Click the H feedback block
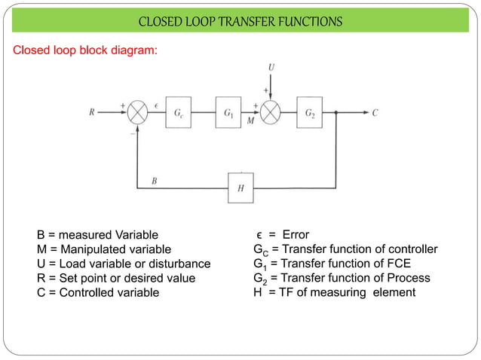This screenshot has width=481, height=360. tap(241, 187)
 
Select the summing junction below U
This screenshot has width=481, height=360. tap(271, 113)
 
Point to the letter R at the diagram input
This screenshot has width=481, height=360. tap(93, 114)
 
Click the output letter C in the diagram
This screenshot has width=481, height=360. tap(375, 114)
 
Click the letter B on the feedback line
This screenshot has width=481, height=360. tap(154, 182)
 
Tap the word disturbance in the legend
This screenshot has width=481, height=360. tap(180, 264)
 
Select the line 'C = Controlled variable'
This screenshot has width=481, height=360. tap(98, 292)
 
